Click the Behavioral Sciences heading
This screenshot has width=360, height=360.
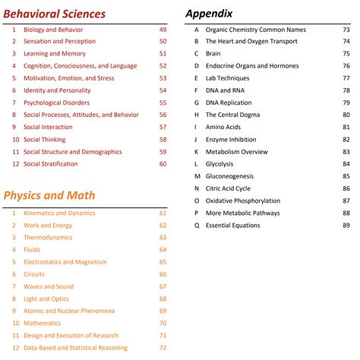54,13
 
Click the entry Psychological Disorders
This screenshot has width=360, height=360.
58,103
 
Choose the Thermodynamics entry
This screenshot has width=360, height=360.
48,237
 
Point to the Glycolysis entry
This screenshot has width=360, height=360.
219,163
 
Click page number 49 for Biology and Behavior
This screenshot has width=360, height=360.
163,30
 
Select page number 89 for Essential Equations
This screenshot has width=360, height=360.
346,225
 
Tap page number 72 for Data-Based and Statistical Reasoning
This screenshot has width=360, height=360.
163,347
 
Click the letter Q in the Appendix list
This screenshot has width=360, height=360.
197,225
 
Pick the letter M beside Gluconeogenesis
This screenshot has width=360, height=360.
197,175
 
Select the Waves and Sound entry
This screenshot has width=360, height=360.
49,286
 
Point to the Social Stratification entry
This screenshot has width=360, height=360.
57,163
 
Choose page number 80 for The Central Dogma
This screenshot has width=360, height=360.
346,115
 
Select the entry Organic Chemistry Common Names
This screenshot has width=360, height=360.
256,30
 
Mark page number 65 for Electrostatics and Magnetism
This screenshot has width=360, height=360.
163,262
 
